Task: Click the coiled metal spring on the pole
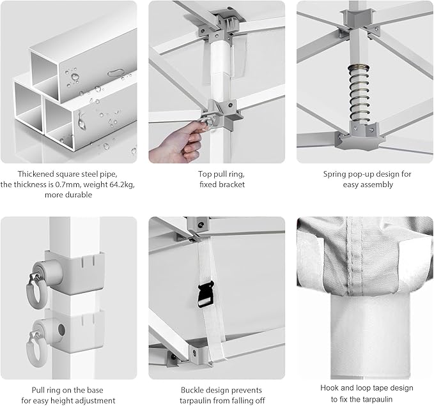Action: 360,93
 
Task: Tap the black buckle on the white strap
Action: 206,294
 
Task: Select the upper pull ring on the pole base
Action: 35,290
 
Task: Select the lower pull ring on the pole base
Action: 35,350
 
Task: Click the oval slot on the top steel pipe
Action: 116,73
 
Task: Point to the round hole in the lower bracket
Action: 61,330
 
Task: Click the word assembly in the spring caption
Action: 380,184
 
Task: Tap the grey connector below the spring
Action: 360,135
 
